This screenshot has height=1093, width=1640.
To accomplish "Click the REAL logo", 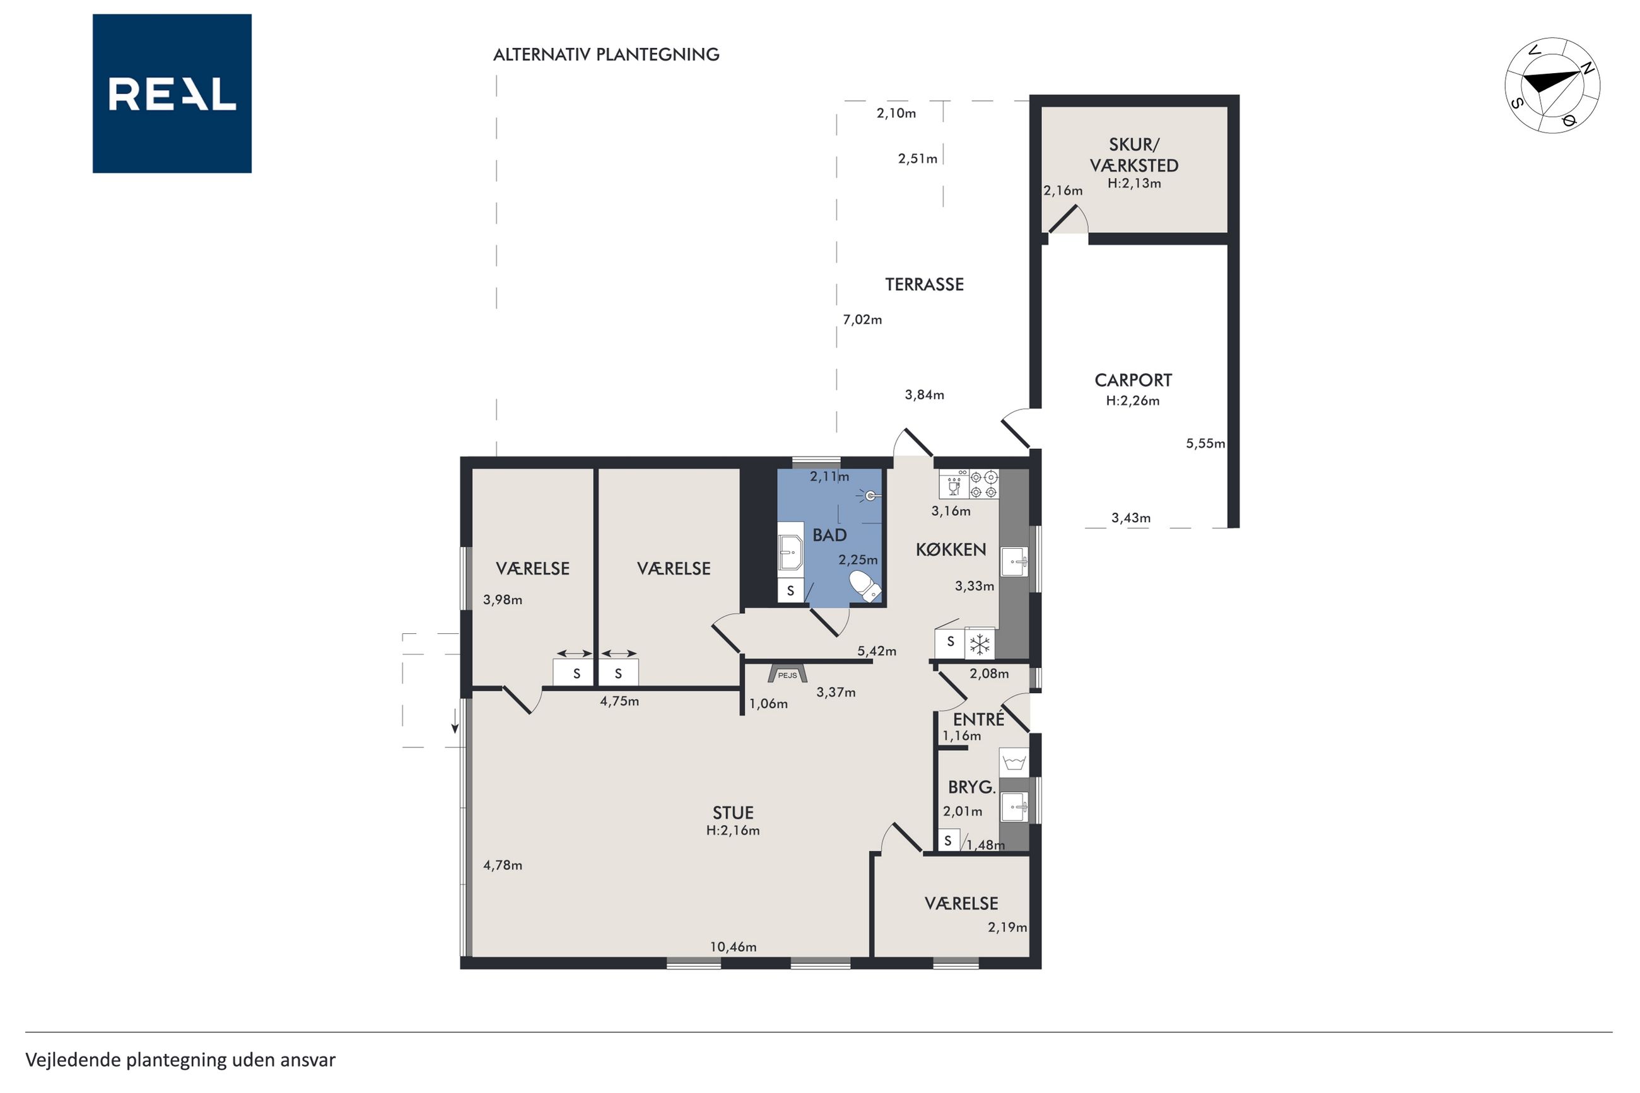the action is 172,93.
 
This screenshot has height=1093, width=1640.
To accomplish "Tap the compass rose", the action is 1552,85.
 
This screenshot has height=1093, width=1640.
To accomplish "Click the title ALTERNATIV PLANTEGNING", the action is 606,54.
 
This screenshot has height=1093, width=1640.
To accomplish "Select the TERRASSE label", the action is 924,284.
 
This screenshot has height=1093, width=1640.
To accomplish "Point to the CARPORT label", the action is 1133,380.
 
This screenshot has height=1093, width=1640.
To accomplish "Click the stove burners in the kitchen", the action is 983,484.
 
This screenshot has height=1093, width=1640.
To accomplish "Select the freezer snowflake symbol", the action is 980,644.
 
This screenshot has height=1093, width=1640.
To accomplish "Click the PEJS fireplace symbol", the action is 788,674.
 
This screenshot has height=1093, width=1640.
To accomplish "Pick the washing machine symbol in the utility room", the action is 1014,763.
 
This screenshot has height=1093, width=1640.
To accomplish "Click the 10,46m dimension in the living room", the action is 733,947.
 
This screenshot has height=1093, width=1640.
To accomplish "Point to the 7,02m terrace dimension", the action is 862,320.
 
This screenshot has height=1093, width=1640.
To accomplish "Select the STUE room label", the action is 733,813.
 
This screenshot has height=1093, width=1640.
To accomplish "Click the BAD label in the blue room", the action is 829,535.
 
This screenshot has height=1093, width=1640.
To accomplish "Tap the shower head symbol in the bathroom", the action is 870,496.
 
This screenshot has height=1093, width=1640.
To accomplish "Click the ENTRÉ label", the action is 978,718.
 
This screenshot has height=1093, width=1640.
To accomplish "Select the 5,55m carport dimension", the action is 1205,443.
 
